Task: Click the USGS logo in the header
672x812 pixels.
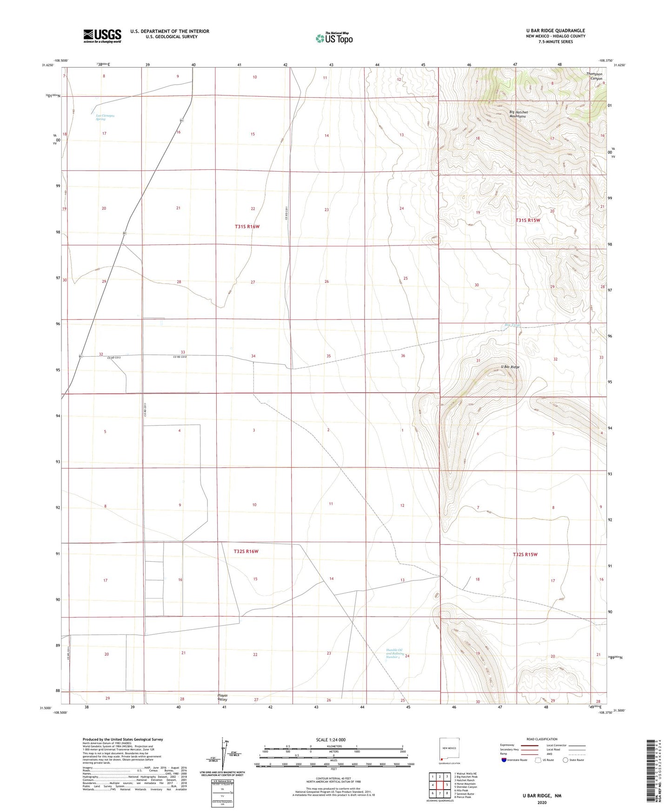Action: click(102, 36)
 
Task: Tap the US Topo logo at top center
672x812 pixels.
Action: click(334, 38)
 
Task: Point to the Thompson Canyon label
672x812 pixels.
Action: click(594, 76)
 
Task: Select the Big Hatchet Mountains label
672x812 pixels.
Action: click(518, 114)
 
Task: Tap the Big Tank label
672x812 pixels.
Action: click(512, 325)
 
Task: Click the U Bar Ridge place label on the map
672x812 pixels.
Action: click(510, 367)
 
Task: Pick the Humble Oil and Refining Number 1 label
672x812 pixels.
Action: click(394, 653)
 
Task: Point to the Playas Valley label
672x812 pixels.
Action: click(222, 697)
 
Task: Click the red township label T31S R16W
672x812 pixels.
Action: click(246, 226)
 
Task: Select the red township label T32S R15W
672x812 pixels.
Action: click(525, 554)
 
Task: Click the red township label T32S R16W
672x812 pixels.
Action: click(246, 551)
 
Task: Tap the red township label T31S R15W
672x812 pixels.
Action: click(528, 220)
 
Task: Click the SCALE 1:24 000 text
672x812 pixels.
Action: click(330, 740)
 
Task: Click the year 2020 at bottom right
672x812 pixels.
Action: click(541, 802)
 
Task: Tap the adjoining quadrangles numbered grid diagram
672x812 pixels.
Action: click(439, 785)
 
